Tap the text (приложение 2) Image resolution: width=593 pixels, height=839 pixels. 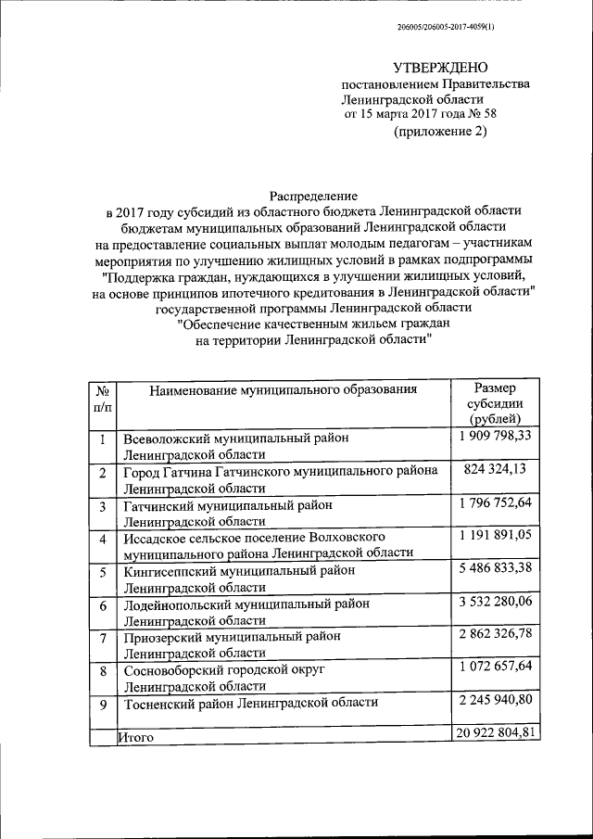(x=439, y=131)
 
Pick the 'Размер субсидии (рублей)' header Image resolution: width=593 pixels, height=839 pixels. (x=495, y=404)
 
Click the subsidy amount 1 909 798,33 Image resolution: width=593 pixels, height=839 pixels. (x=495, y=436)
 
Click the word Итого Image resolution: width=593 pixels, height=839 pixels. (x=135, y=738)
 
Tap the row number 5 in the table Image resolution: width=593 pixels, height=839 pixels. (x=103, y=573)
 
